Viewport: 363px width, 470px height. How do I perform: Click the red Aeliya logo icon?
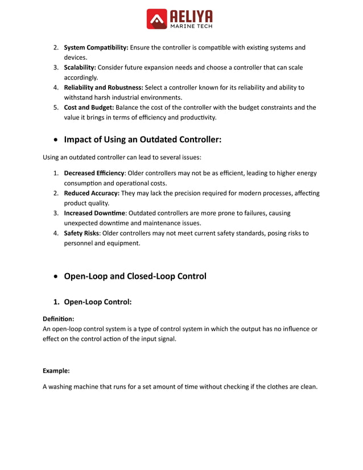coord(157,19)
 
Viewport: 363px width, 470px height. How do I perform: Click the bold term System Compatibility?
coord(96,48)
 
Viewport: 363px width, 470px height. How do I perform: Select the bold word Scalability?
coord(80,68)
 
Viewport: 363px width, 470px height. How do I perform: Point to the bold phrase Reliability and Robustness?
coord(104,88)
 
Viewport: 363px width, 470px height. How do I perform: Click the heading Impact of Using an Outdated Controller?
coord(142,139)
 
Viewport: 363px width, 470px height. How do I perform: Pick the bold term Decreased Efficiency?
coord(94,174)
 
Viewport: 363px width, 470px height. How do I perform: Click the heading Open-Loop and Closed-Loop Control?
coord(135,277)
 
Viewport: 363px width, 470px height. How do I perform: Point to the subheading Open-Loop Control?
coord(97,302)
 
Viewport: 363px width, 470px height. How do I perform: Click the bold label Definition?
coord(59,319)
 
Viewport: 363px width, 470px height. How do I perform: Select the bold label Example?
coord(56,370)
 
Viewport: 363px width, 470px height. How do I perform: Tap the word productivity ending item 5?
coord(197,118)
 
